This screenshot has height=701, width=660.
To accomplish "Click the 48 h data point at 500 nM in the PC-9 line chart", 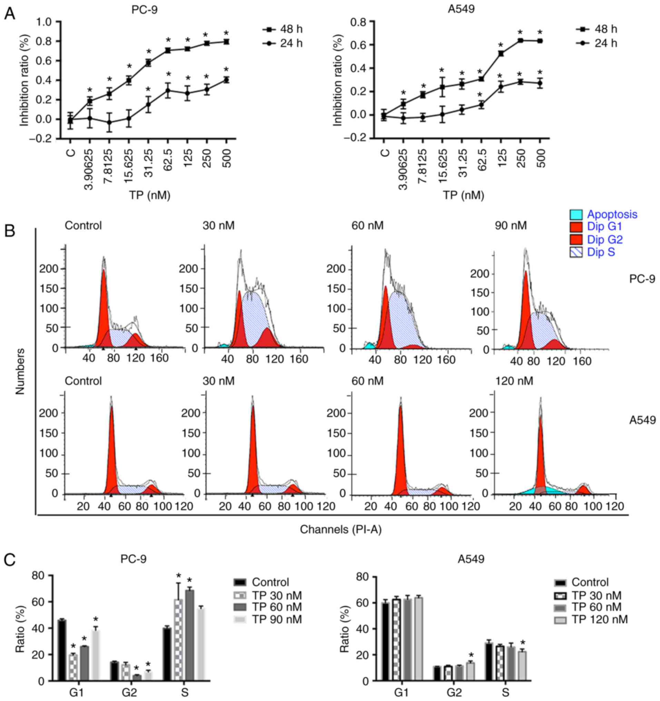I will coord(226,42).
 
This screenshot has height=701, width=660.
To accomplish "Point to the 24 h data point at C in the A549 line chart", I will coord(384,117).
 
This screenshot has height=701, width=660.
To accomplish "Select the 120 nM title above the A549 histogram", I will coord(514,381).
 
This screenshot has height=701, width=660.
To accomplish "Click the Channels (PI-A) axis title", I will coord(341,529).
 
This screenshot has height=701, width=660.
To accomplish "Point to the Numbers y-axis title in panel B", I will coord(20,371).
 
